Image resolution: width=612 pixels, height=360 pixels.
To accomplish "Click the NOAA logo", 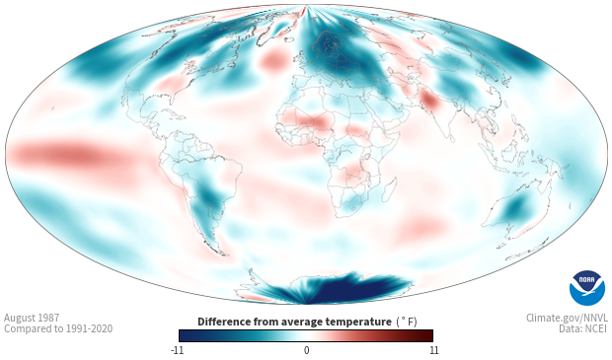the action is [x=587, y=288].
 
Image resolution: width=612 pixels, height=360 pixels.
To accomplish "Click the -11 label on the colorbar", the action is [x=177, y=350].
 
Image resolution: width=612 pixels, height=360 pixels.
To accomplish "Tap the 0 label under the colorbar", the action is [x=306, y=350].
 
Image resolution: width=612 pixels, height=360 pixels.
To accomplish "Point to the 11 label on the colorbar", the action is [x=433, y=350].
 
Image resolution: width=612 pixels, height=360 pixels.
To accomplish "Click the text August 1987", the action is [x=32, y=318].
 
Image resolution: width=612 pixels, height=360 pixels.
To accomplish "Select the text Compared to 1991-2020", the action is [x=58, y=328].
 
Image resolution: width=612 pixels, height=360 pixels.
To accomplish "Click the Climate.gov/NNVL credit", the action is [x=567, y=318].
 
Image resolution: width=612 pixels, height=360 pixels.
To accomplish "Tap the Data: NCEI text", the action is [x=583, y=328].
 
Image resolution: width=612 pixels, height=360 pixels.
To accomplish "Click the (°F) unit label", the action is [x=407, y=322].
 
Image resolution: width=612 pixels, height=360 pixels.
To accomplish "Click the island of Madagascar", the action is [x=389, y=189].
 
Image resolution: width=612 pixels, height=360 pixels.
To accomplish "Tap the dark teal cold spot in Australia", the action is [x=516, y=207].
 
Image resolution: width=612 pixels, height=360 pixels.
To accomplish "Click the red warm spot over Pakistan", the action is [x=429, y=100].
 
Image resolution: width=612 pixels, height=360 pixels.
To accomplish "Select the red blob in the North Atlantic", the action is [x=273, y=61].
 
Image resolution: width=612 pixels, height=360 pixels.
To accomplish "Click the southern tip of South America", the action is [x=224, y=254].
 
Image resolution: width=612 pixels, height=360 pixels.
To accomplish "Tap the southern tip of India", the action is [x=450, y=140].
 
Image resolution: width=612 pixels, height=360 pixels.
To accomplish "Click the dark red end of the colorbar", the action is [x=428, y=335].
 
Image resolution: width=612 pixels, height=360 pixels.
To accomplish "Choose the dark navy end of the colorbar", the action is [x=185, y=335].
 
